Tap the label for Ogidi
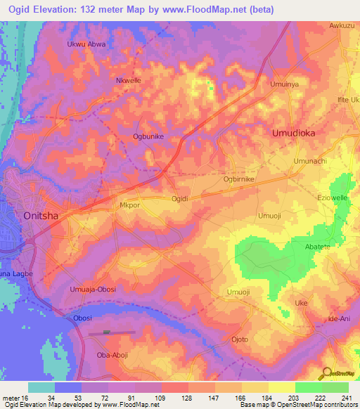(180, 199)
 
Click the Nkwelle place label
(128, 81)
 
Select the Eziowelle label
(333, 198)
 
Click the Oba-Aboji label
(111, 355)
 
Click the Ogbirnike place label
(238, 179)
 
